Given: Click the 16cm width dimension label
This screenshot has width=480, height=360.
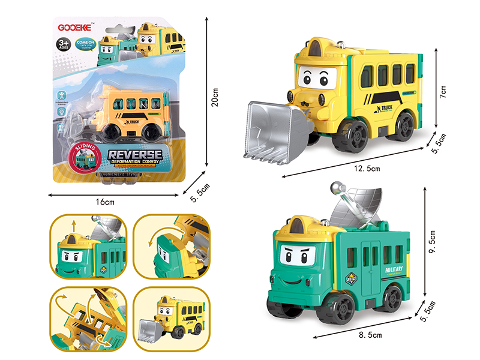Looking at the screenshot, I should click(105, 202).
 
